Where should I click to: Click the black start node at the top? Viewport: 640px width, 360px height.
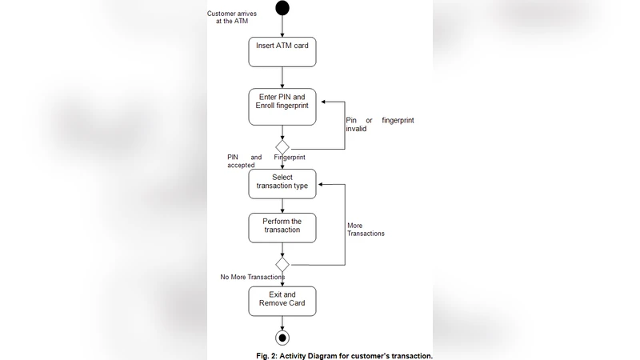click(282, 8)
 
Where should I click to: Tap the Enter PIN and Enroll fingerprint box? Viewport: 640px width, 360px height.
click(282, 106)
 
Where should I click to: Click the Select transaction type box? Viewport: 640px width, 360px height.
click(282, 182)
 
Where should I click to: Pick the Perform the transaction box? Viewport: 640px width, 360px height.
click(282, 227)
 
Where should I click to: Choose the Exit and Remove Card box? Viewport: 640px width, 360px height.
click(282, 300)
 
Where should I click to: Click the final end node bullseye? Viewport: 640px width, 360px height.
click(282, 337)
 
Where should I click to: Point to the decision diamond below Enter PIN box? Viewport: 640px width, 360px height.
click(282, 148)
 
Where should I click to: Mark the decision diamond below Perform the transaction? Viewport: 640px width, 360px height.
click(282, 264)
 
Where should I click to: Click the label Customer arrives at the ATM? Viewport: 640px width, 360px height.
click(232, 17)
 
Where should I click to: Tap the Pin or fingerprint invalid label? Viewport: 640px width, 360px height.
click(379, 124)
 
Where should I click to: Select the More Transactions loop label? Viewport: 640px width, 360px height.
click(366, 230)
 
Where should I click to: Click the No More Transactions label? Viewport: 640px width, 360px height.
click(252, 277)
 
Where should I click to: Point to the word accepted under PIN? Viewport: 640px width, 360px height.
click(241, 165)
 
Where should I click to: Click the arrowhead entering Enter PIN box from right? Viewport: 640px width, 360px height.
click(321, 102)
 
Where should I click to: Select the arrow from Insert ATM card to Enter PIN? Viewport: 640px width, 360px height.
click(282, 78)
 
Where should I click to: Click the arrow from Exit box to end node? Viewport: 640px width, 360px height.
click(282, 322)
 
